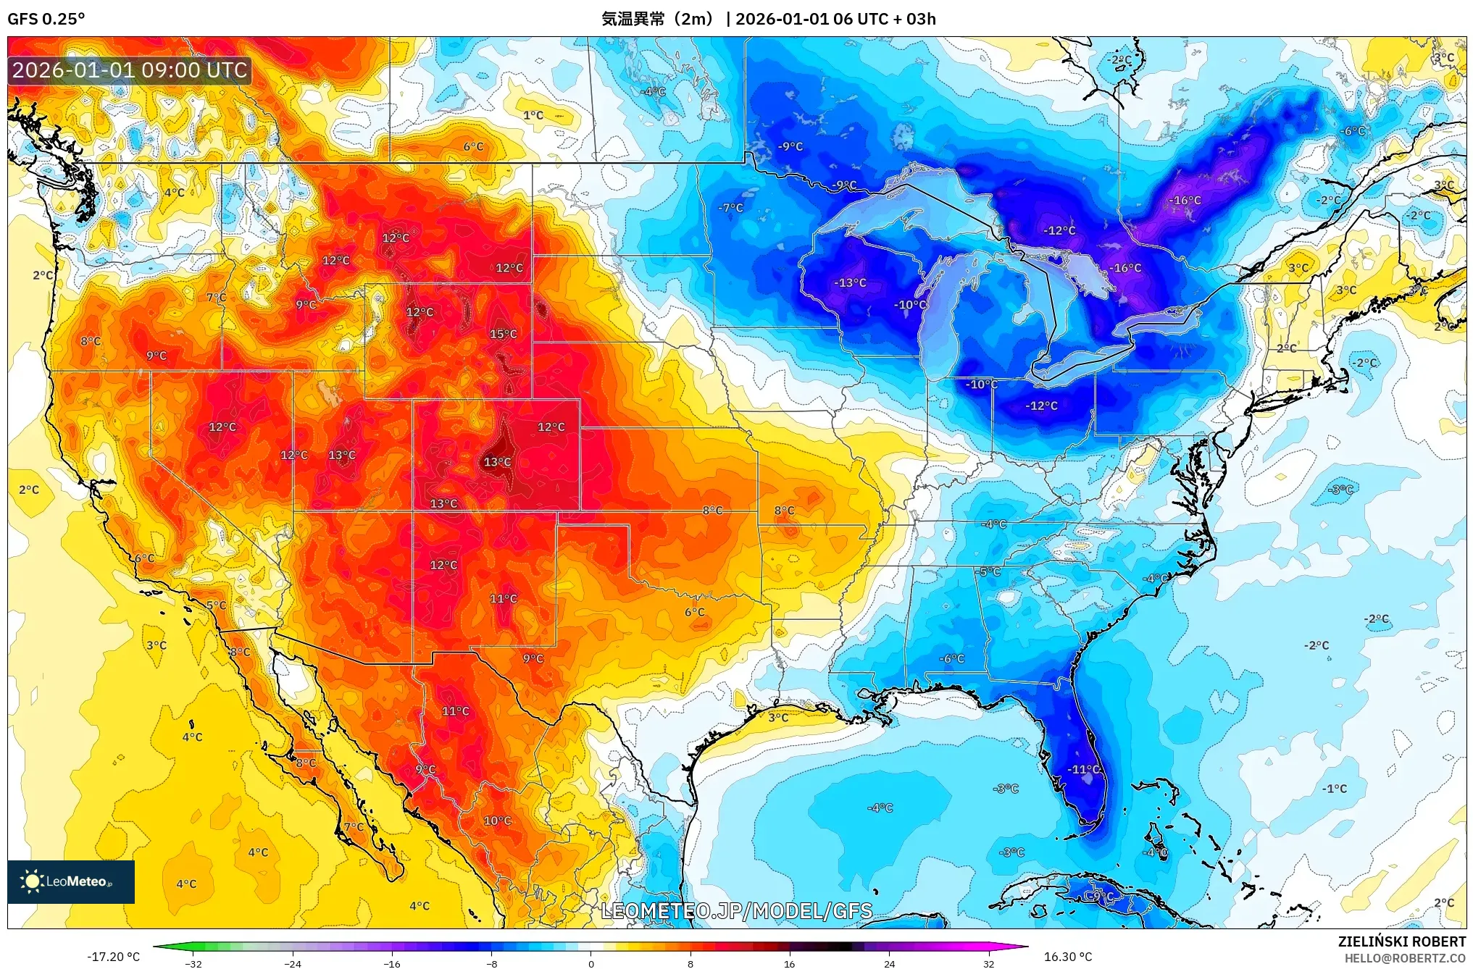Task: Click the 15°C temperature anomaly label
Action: tap(503, 334)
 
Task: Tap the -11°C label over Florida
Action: tap(1084, 769)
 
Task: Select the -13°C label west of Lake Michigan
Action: tap(851, 282)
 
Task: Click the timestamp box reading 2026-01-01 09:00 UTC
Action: tap(130, 70)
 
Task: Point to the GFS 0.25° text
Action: tap(46, 19)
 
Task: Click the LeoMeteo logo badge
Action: tap(71, 881)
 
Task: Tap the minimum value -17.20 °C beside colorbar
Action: tap(114, 957)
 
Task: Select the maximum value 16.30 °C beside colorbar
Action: tap(1067, 957)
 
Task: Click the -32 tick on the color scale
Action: tap(193, 964)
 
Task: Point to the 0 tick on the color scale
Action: tap(591, 964)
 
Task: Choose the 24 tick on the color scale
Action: tap(889, 964)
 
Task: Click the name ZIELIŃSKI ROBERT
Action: tap(1401, 941)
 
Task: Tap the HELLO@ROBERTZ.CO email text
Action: tap(1405, 958)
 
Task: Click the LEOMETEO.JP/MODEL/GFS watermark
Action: tap(737, 910)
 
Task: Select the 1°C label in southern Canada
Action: tap(533, 115)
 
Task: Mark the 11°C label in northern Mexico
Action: tap(456, 711)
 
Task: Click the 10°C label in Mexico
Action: tap(497, 821)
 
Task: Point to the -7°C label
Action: tap(730, 208)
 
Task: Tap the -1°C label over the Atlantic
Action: tap(1334, 789)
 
